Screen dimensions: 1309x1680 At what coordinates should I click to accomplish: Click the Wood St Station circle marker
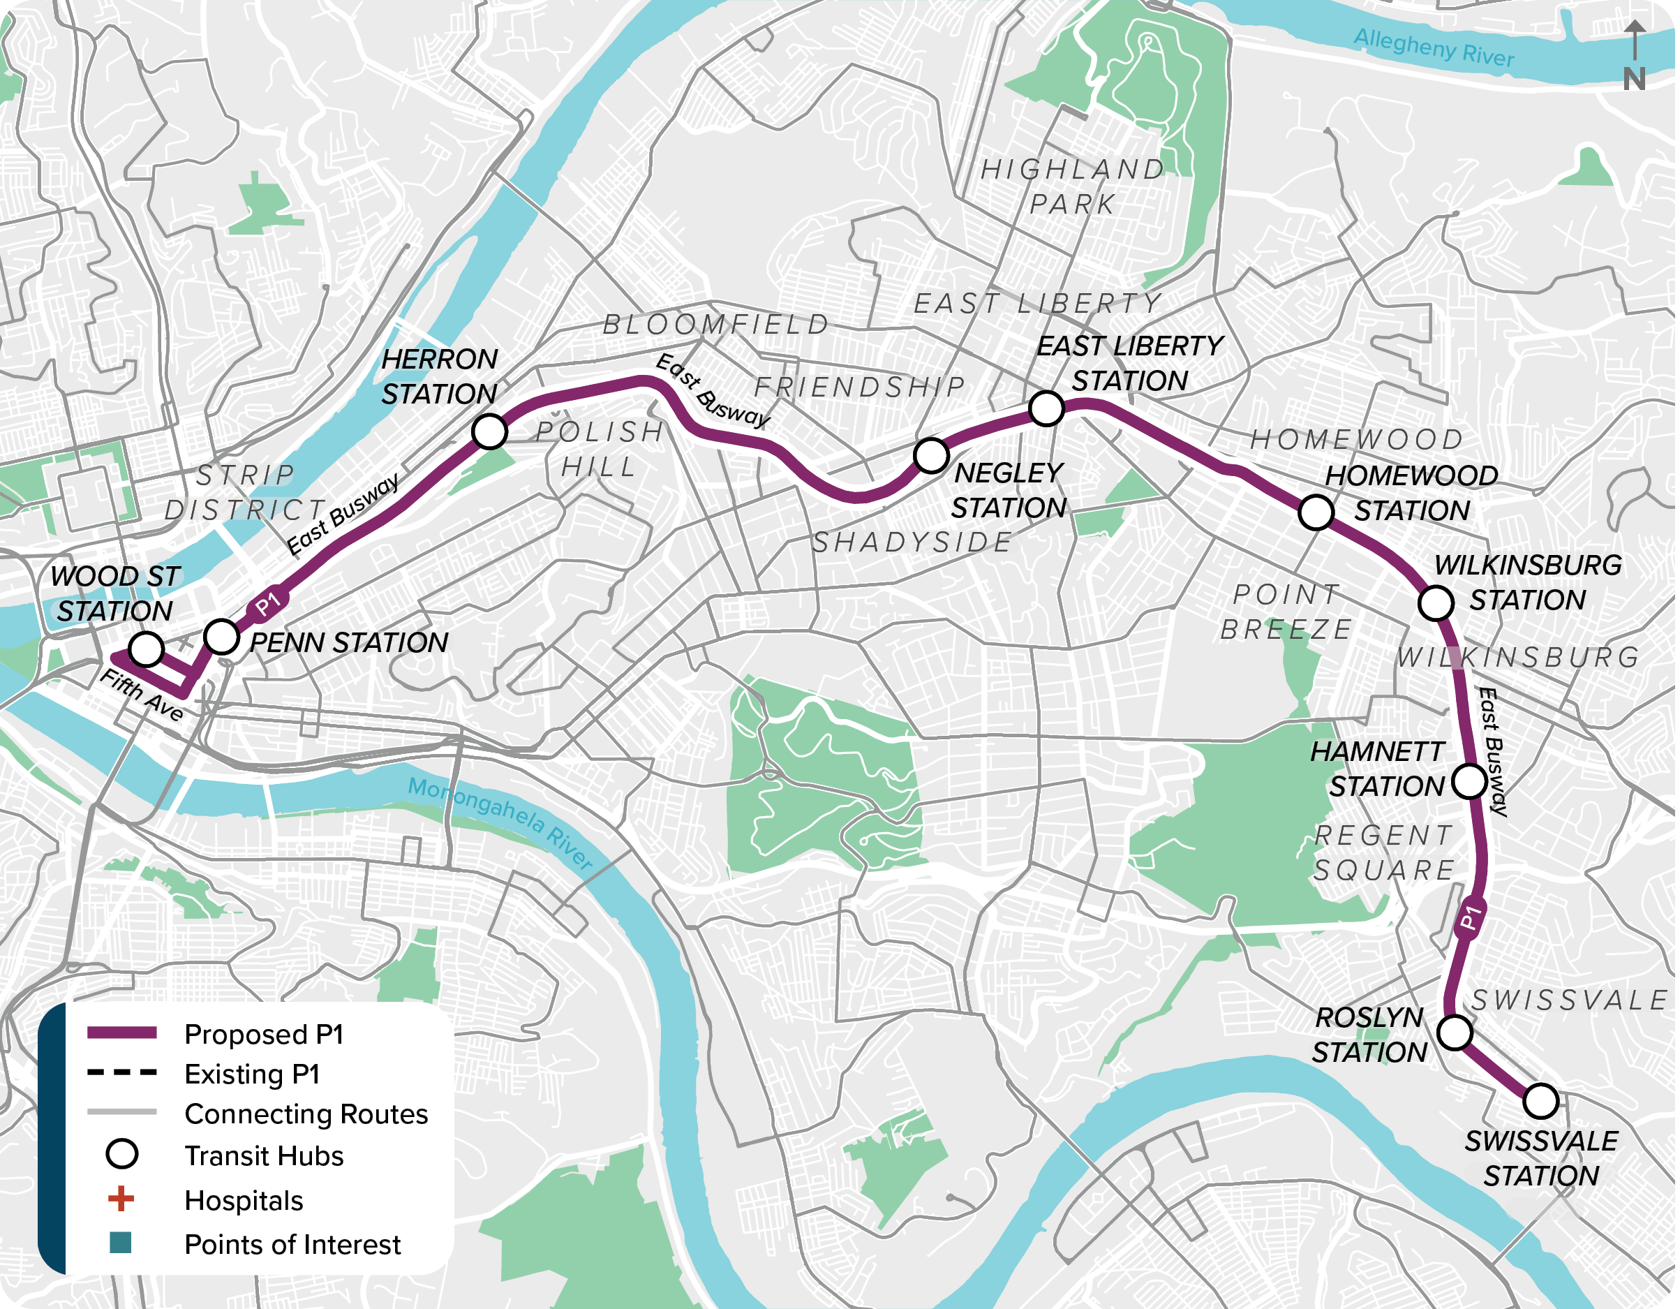[146, 649]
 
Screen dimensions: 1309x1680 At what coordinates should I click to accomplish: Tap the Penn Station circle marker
[221, 637]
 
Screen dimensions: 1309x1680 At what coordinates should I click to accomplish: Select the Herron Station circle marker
[490, 431]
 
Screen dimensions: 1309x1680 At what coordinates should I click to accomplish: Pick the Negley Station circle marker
[931, 456]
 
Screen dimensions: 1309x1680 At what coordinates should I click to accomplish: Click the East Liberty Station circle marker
[1046, 408]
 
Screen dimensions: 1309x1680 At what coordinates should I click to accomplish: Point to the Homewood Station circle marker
[1316, 512]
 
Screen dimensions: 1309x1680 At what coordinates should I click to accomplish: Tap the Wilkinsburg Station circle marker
[1436, 602]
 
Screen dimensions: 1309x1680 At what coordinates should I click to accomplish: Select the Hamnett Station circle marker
[1469, 782]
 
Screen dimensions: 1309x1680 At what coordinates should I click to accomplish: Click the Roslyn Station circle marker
[1455, 1032]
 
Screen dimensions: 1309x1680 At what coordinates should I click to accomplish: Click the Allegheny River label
[1434, 47]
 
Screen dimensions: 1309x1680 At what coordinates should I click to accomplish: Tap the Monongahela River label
[500, 823]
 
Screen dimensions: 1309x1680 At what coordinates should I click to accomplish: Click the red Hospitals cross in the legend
[121, 1199]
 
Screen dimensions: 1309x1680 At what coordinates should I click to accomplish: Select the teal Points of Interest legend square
[121, 1243]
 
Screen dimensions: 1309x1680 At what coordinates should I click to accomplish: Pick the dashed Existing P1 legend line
[122, 1072]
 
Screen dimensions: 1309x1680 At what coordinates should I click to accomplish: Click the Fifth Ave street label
[142, 695]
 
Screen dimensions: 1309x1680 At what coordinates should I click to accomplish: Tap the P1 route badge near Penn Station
[268, 604]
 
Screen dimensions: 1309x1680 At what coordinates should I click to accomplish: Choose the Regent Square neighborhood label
[1384, 852]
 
